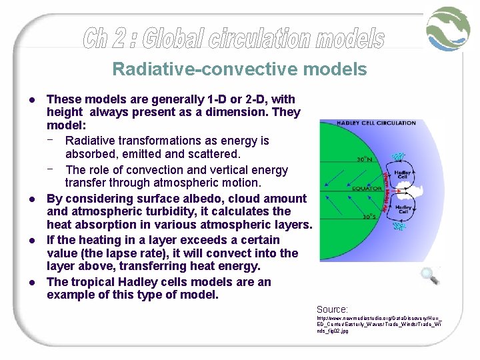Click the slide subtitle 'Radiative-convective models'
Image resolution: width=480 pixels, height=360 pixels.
click(x=239, y=69)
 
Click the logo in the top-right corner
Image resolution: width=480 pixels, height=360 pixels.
click(x=449, y=29)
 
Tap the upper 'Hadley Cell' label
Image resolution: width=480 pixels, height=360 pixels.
click(x=403, y=174)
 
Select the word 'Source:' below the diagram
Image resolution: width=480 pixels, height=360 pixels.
click(x=332, y=309)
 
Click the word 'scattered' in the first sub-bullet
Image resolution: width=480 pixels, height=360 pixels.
click(x=210, y=154)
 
